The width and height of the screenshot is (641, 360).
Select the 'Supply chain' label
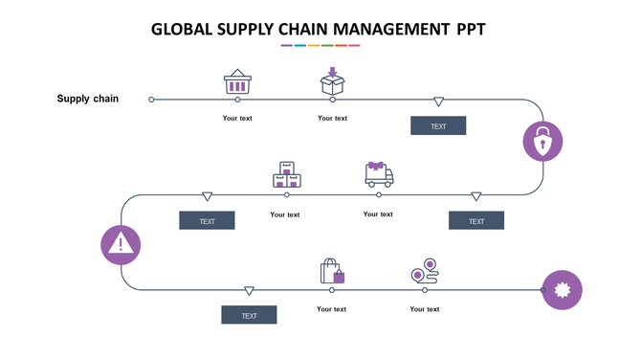click(88, 99)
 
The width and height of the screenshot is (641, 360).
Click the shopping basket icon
click(237, 82)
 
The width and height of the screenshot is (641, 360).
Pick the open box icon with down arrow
click(332, 80)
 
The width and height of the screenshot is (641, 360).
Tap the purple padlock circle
click(542, 142)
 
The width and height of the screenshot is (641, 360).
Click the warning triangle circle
click(121, 244)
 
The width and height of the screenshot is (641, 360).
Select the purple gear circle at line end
click(563, 289)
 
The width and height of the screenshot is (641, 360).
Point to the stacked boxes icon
click(286, 175)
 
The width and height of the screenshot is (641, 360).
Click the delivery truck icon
click(379, 174)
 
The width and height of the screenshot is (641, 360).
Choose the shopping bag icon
click(332, 271)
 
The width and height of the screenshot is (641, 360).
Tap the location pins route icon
click(424, 271)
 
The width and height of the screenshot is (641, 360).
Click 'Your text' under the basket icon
click(237, 119)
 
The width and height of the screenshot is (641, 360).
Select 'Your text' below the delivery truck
click(378, 214)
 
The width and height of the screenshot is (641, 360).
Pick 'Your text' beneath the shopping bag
click(332, 309)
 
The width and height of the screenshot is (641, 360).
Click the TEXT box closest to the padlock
click(438, 126)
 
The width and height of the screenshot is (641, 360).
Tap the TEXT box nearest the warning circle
click(207, 221)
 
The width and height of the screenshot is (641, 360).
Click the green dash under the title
click(327, 45)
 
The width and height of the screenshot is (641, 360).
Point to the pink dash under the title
click(354, 45)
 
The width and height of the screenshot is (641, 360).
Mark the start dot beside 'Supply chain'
click(151, 99)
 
